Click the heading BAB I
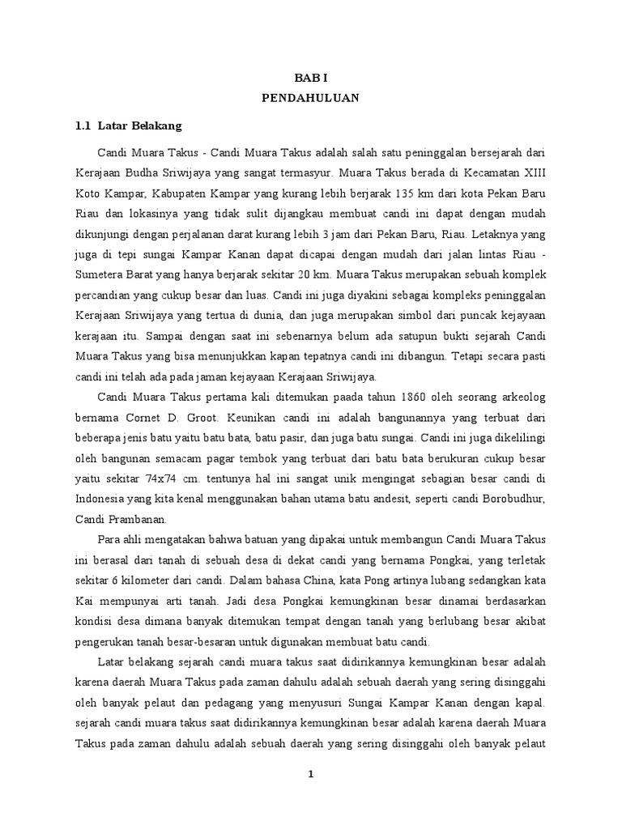[x=310, y=76]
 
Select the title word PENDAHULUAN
[x=310, y=98]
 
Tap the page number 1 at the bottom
[x=310, y=774]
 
